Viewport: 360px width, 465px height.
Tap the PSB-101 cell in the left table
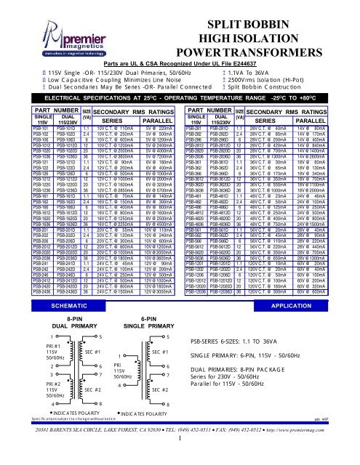coord(15,127)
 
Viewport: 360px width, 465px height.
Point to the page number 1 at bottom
coord(179,458)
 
